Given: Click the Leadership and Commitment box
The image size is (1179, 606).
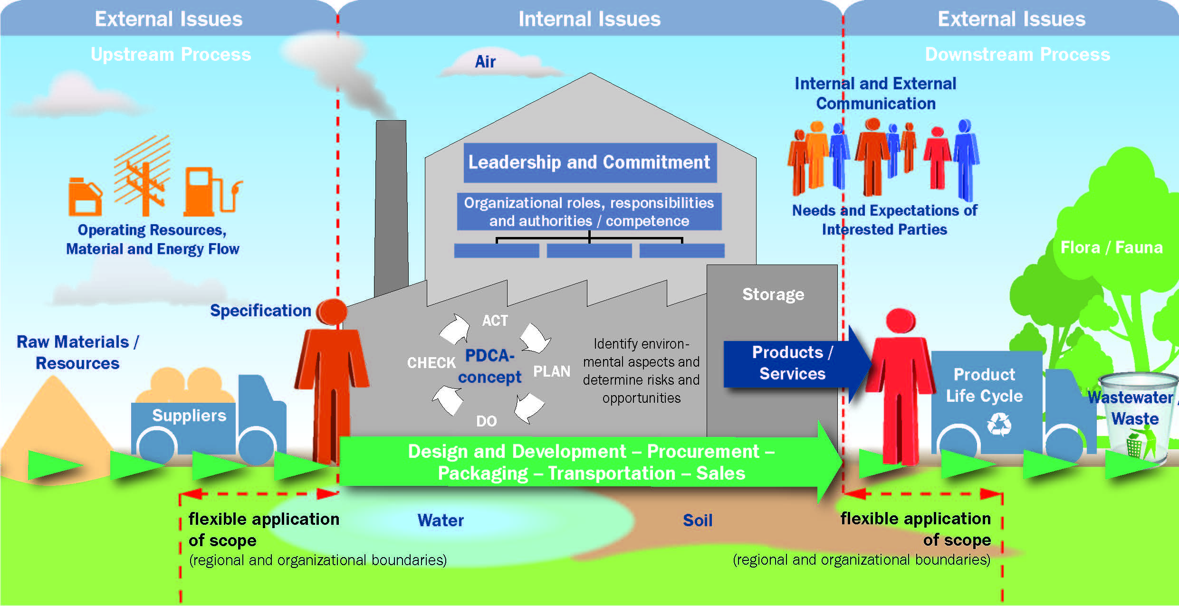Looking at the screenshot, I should [x=590, y=162].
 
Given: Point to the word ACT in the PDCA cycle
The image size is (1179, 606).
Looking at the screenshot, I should [x=495, y=321].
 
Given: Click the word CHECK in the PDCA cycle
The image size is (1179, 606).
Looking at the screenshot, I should [x=431, y=363].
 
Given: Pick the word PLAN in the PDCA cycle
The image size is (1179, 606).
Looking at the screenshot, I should [x=551, y=371].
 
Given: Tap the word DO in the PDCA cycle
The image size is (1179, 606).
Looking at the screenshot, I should [x=486, y=421].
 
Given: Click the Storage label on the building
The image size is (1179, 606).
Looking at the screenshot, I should [x=773, y=294].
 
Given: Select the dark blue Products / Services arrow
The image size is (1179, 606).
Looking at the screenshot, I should [x=793, y=363].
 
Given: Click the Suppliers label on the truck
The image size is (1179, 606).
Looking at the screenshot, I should [x=189, y=416].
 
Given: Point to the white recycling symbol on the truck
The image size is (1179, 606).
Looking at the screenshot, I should [x=999, y=424].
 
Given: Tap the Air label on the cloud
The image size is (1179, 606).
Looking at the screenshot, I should [x=485, y=62].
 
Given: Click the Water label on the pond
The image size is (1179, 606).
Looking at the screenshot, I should [x=441, y=521].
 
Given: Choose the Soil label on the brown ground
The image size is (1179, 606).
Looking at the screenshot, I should [x=698, y=521].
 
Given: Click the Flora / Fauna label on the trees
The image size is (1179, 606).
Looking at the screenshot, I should [x=1112, y=247].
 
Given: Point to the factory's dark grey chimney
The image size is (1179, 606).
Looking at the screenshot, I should [x=391, y=204].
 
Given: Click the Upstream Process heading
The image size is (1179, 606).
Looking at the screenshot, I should [x=171, y=55].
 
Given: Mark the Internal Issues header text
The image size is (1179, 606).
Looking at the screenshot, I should [x=589, y=19].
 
